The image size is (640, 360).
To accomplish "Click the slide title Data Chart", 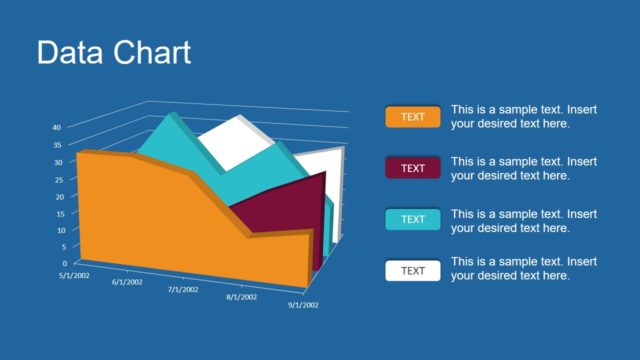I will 113,52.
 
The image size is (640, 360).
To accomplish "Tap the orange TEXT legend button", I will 412,117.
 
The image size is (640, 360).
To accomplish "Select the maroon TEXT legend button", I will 412,168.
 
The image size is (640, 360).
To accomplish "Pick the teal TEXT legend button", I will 412,219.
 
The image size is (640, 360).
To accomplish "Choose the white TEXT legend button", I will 412,271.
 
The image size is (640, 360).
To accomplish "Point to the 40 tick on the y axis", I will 58,128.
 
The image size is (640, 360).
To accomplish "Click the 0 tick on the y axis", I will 63,263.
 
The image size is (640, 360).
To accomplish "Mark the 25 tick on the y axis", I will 58,179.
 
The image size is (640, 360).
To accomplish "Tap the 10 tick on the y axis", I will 59,230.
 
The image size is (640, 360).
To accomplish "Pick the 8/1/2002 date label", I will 241,298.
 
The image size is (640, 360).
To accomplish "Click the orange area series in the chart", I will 150,220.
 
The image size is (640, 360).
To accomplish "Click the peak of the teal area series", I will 171,117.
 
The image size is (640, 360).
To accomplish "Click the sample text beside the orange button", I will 523,117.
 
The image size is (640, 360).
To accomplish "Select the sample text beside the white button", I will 523,269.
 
